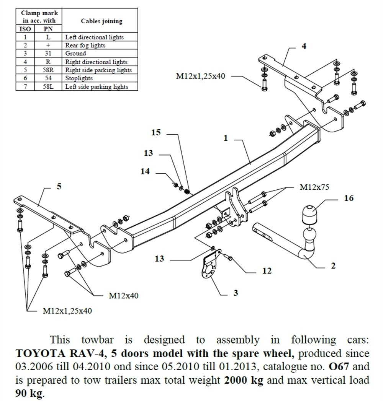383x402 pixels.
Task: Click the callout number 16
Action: tap(349, 198)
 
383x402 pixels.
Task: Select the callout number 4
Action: tap(304, 47)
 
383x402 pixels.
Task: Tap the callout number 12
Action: tap(267, 271)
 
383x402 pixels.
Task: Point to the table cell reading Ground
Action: tap(75, 54)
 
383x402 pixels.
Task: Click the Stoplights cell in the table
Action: tap(79, 78)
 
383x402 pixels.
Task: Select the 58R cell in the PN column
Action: tap(48, 70)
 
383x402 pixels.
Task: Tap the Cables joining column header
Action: tap(101, 21)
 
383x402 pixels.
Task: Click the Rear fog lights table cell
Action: tap(85, 46)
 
